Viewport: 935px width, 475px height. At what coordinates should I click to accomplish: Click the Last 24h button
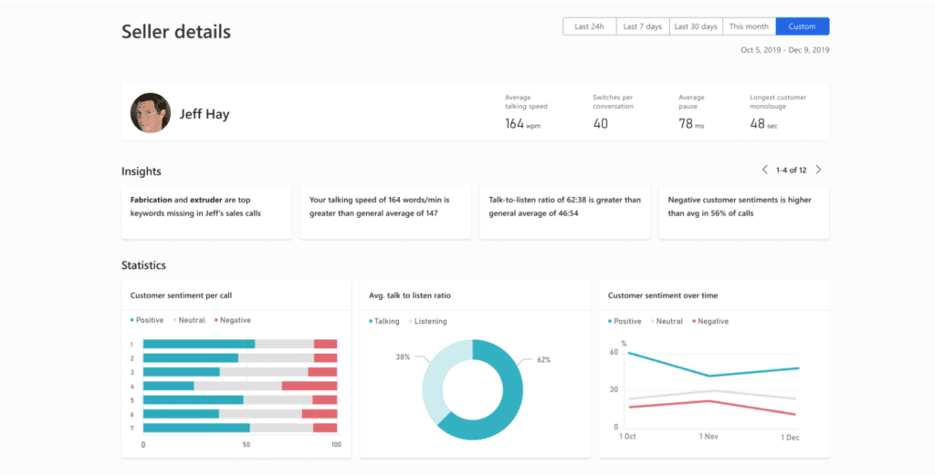(589, 26)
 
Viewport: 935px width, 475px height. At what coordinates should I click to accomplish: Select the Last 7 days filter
(643, 26)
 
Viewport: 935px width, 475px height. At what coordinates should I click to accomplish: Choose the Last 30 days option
(696, 26)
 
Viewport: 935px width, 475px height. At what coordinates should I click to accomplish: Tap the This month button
(749, 26)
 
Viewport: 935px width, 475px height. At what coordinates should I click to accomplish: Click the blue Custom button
(802, 26)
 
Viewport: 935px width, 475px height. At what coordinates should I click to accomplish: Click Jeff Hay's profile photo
(150, 113)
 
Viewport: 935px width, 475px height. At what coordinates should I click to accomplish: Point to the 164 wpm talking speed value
(522, 124)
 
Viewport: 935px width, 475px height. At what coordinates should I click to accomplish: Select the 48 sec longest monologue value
(763, 124)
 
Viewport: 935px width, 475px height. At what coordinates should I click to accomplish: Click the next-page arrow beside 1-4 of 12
(818, 170)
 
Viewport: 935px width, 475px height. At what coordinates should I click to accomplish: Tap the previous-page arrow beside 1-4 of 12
(764, 170)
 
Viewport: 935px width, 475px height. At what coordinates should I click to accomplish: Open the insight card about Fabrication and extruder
(206, 212)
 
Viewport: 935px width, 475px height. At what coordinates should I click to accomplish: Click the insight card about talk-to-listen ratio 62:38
(565, 212)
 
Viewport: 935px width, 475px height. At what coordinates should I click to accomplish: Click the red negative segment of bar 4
(309, 386)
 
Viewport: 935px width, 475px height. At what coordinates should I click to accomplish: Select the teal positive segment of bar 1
(199, 344)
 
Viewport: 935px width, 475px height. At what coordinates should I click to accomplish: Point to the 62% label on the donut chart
(543, 360)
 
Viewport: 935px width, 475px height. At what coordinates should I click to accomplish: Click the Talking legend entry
(385, 321)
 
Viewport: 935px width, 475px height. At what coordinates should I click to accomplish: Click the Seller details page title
(176, 32)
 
